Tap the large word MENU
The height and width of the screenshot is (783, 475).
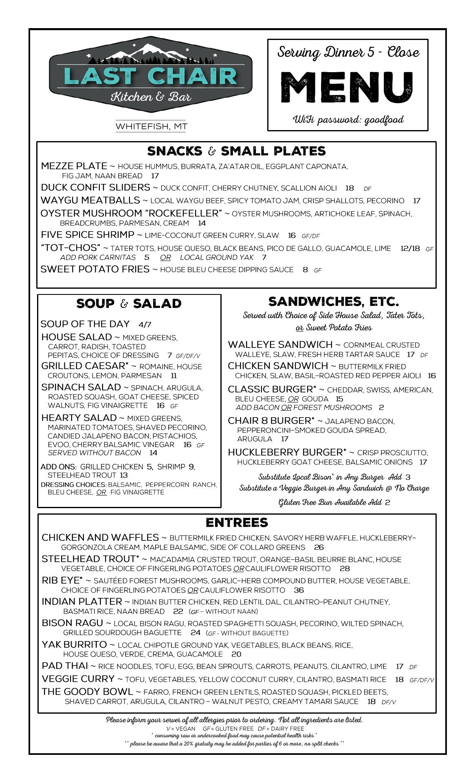coord(347,87)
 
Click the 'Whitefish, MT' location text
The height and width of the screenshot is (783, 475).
coord(151,126)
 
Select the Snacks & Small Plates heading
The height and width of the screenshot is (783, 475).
coord(236,151)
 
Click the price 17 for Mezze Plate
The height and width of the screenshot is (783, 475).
coord(155,176)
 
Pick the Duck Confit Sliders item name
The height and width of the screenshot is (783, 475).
coord(95,188)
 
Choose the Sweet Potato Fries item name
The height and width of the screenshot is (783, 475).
coord(95,269)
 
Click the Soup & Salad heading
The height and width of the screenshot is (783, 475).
coord(129,304)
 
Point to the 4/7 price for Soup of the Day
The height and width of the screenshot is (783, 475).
coord(145,325)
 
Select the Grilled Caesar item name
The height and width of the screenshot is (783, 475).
coord(85,366)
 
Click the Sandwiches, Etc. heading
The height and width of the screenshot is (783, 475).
coord(333,302)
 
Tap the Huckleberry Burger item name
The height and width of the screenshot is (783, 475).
coord(287,452)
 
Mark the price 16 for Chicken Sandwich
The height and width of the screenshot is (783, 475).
coord(432,376)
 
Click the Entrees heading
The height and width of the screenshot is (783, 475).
coord(237,523)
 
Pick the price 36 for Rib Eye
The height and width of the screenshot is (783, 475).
coord(299,590)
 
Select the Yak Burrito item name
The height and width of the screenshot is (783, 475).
coord(74,644)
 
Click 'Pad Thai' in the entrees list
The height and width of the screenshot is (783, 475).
coord(65,666)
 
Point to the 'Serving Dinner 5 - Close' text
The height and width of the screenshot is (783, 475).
coord(348,52)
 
